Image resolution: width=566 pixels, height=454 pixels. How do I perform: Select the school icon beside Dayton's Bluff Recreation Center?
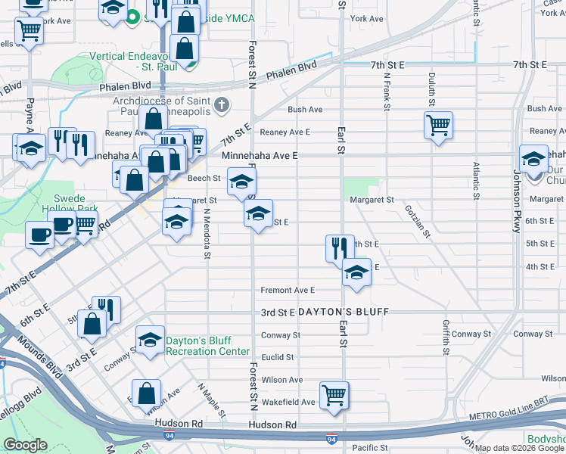pos(150,340)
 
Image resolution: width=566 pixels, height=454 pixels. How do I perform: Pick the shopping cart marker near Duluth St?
pos(438,125)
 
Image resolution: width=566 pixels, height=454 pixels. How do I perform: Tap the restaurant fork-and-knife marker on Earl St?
pos(340,247)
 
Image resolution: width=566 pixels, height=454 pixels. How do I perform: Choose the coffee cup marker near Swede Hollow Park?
pos(39,234)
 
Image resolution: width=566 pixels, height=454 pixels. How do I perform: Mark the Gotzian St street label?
pos(417,220)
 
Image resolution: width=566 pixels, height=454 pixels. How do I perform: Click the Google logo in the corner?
pos(25,445)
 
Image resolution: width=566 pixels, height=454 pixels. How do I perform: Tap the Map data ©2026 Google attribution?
pos(519,448)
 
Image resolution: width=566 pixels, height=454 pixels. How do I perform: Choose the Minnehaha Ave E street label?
pos(260,155)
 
